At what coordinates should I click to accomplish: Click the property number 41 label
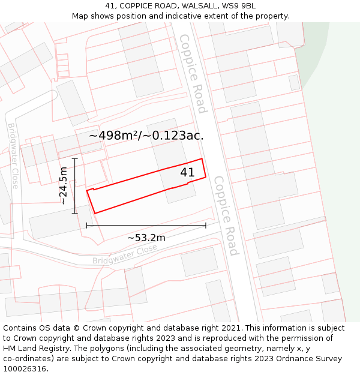(187, 173)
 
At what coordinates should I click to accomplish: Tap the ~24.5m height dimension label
(64, 186)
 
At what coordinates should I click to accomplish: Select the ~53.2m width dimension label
(146, 238)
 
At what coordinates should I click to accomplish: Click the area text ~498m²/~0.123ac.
(146, 136)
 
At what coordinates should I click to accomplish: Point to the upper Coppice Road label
(193, 73)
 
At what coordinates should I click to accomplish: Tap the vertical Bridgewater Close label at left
(13, 155)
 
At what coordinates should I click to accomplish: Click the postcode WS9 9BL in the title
(240, 6)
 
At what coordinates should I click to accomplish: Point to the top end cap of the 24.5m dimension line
(75, 158)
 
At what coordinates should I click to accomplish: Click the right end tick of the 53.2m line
(206, 226)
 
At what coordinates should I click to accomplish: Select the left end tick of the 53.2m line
(87, 226)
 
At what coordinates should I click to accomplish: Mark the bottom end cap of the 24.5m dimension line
(75, 213)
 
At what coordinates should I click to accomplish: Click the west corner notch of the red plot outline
(88, 191)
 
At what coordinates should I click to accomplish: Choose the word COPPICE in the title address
(137, 6)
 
